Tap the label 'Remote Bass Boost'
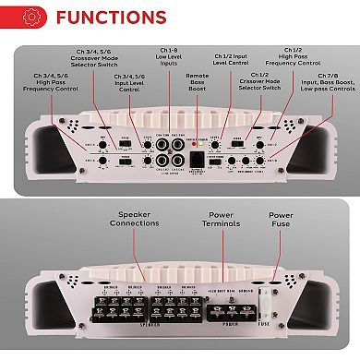(x=204, y=86)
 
